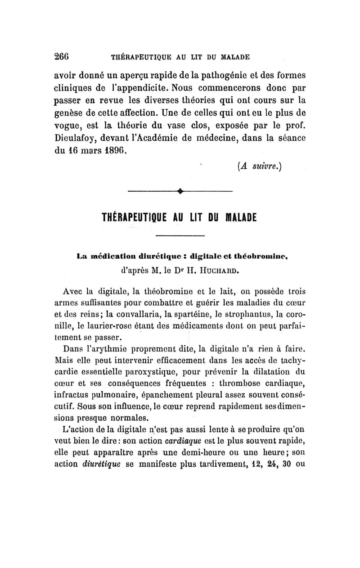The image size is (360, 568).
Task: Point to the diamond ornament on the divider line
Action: coord(180,192)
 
